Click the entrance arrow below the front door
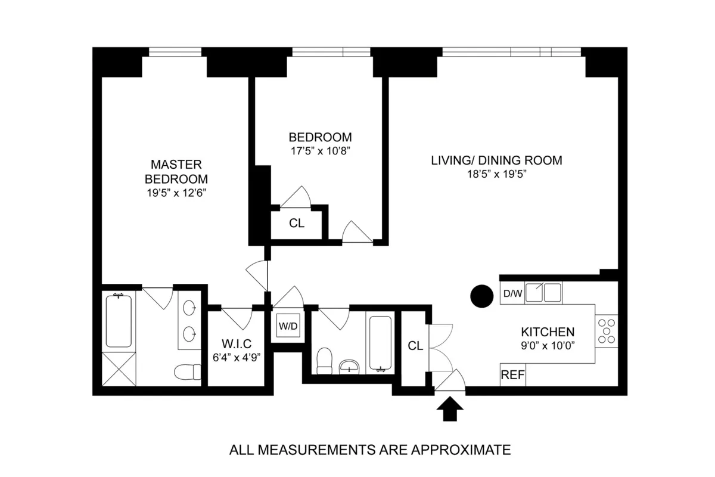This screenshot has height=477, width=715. point(450,411)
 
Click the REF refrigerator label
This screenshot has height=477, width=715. point(512,376)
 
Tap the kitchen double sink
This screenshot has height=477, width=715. point(543,293)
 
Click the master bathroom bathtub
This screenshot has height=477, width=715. point(119,320)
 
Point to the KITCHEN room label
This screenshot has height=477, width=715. point(548,332)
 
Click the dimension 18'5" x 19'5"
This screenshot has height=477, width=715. point(496,174)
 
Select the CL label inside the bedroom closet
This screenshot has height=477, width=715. point(297,224)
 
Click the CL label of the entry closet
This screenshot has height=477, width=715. point(415,346)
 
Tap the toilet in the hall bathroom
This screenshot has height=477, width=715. point(325,361)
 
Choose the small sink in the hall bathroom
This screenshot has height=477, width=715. point(348,365)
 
